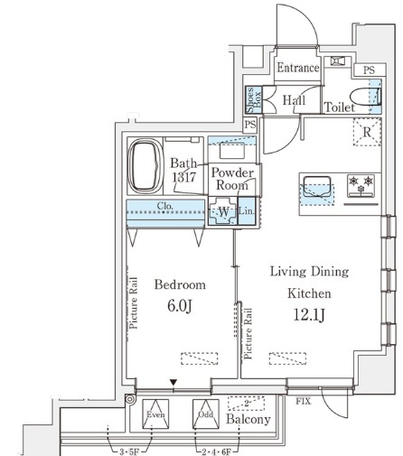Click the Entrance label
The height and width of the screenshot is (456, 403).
tap(298, 68)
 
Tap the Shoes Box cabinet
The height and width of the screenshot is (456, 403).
tap(254, 100)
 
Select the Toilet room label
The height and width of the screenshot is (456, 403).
tap(340, 107)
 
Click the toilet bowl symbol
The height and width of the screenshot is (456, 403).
tap(365, 97)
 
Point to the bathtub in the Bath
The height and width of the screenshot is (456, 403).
tap(145, 166)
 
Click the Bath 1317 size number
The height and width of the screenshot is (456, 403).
tap(184, 177)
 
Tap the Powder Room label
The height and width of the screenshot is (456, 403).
tap(232, 179)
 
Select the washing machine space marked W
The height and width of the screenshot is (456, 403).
tap(223, 211)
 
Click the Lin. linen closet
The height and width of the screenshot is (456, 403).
tap(247, 210)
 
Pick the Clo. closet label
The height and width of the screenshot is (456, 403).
tap(165, 206)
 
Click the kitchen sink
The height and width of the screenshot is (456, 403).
tap(317, 187)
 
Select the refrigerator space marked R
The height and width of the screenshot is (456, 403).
tap(367, 132)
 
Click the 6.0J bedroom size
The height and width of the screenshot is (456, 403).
tap(180, 306)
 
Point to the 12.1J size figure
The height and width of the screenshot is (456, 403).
tap(309, 315)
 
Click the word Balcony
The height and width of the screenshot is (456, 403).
tap(248, 419)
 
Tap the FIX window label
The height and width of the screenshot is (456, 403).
tap(303, 401)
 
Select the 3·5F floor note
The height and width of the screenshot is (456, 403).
tap(129, 451)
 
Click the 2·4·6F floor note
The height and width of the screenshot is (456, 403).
tap(216, 451)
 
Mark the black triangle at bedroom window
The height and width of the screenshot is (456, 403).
tap(173, 383)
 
